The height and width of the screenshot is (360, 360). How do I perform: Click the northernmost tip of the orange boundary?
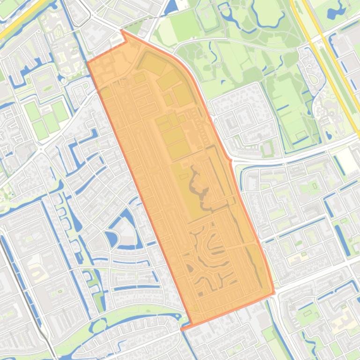coord(121,30)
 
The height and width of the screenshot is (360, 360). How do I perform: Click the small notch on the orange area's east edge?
coord(230,160)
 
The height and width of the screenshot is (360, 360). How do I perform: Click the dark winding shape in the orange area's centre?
coord(199,187)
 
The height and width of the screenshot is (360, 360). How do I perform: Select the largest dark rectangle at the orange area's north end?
coord(152,63)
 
